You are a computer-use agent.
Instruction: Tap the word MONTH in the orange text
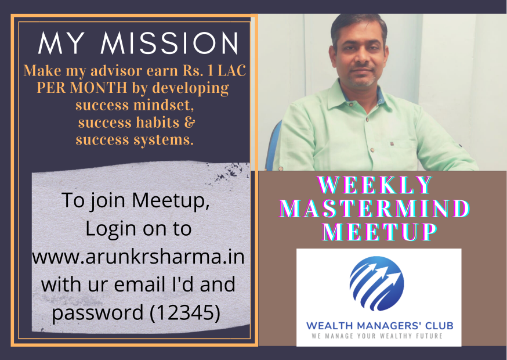[x=93, y=89]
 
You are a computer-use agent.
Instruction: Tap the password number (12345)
[x=186, y=312]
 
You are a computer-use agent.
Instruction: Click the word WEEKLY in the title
[x=376, y=185]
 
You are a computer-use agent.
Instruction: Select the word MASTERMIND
[x=375, y=208]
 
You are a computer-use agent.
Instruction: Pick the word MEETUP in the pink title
[x=379, y=232]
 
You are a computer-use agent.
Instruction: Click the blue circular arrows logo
[x=376, y=284]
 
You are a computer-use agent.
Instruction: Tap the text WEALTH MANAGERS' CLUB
[x=379, y=325]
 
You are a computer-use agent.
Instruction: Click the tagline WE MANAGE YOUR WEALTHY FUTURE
[x=377, y=336]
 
